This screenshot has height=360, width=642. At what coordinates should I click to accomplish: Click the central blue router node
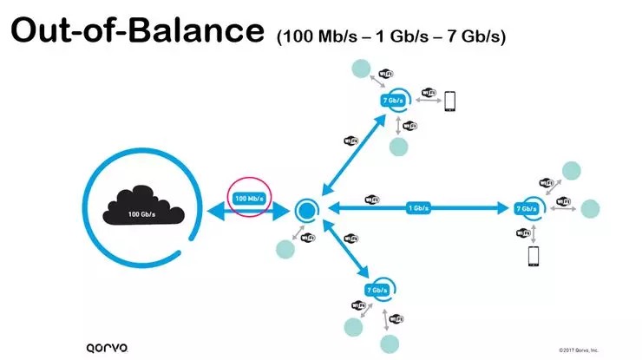point(306,209)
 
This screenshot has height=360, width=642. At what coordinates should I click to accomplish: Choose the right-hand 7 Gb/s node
point(526,209)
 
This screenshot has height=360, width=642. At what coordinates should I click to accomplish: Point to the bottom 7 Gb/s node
point(377,289)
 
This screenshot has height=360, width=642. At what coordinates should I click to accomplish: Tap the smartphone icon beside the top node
point(450,101)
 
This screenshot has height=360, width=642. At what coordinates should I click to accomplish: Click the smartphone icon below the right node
point(534,257)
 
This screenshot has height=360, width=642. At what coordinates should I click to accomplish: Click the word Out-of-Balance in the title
point(136,32)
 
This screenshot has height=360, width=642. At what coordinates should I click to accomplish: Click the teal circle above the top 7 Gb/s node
point(360,69)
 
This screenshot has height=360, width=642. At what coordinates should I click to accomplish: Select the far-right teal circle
point(590,208)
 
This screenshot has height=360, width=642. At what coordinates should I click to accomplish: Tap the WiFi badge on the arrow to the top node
point(348,141)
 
